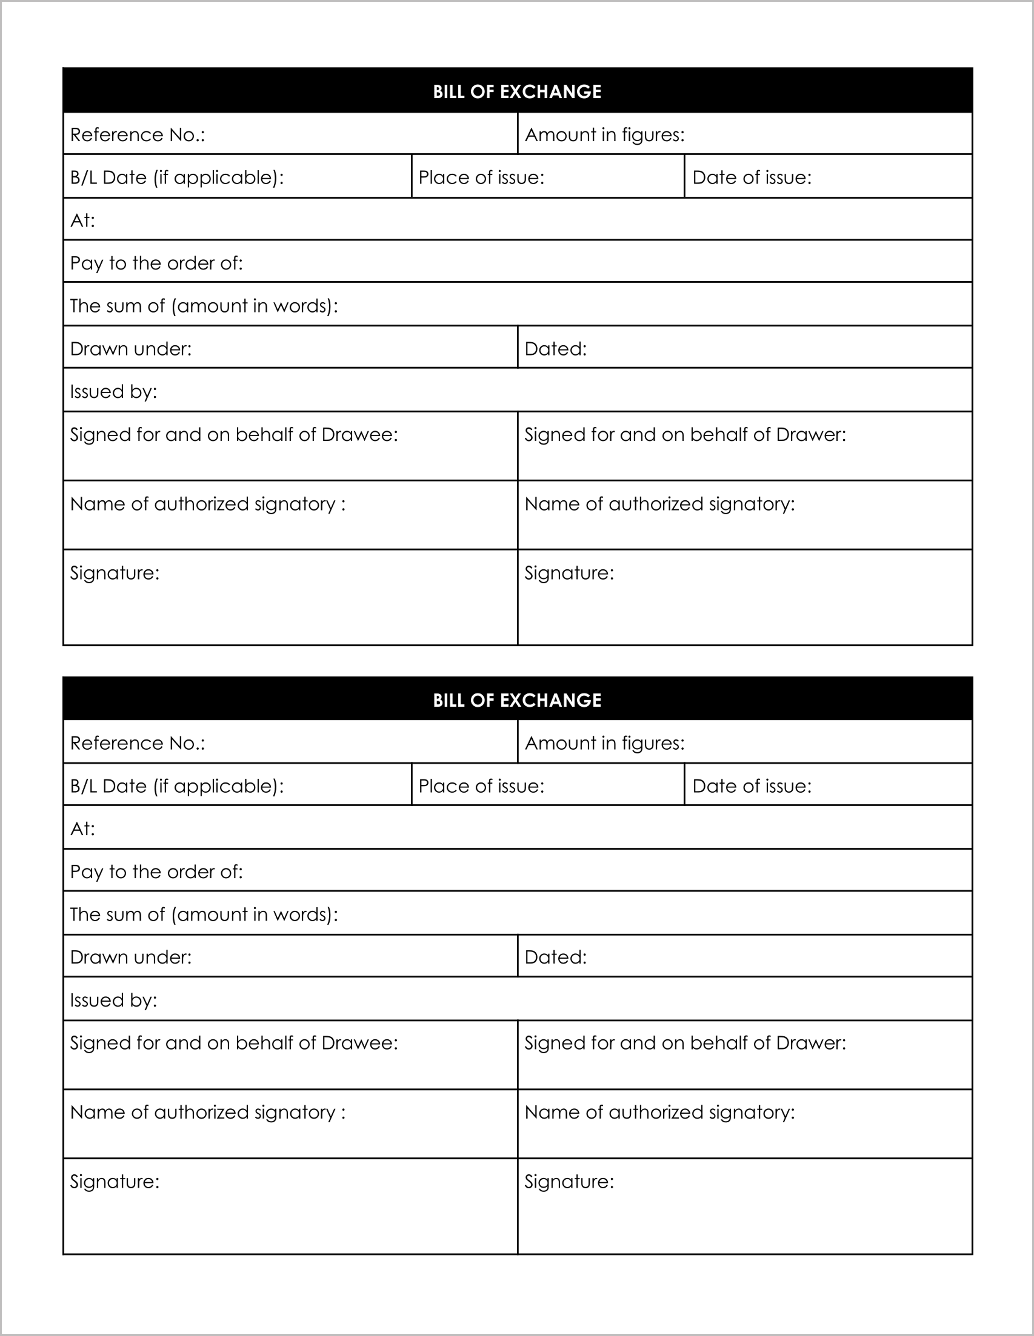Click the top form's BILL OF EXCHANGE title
point(516,92)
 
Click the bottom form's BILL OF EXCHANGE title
point(516,700)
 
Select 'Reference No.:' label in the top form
point(138,134)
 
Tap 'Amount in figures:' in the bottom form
point(604,743)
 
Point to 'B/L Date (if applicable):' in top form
point(177,177)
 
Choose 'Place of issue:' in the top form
point(481,177)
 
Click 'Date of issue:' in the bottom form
point(751,786)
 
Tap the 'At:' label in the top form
point(82,220)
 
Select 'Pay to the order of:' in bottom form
point(157,871)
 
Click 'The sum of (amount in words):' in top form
point(204,306)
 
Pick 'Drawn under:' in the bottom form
point(131,957)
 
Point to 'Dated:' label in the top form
point(555,349)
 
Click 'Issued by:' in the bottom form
point(114,1000)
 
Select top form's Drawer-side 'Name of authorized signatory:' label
point(659,504)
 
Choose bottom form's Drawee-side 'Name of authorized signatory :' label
point(207,1112)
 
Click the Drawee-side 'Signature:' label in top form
point(115,573)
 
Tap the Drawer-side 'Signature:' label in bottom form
point(569,1181)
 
